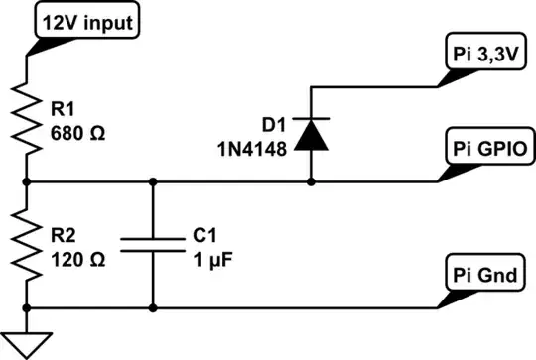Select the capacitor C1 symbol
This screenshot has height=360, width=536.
153,245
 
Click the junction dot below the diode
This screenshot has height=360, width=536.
313,181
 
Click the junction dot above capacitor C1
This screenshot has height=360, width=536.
153,181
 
